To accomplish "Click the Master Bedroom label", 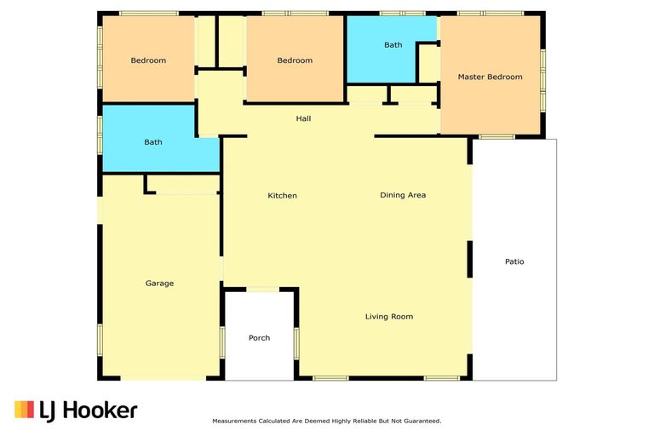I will point(490,77).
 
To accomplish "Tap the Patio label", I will point(513,261).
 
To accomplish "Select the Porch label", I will point(259,338).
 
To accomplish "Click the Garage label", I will point(159,284).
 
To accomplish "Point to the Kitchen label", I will point(283,196).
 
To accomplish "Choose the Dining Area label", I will point(403,195).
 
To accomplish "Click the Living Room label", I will point(389,317).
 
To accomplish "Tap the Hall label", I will point(303,118).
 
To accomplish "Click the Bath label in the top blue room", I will point(393,45).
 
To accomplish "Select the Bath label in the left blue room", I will point(153,142).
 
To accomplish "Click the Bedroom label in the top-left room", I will point(148,60).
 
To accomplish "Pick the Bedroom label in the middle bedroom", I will point(295,60).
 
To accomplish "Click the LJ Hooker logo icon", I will point(24,410).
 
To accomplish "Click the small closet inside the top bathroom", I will point(427,63).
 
